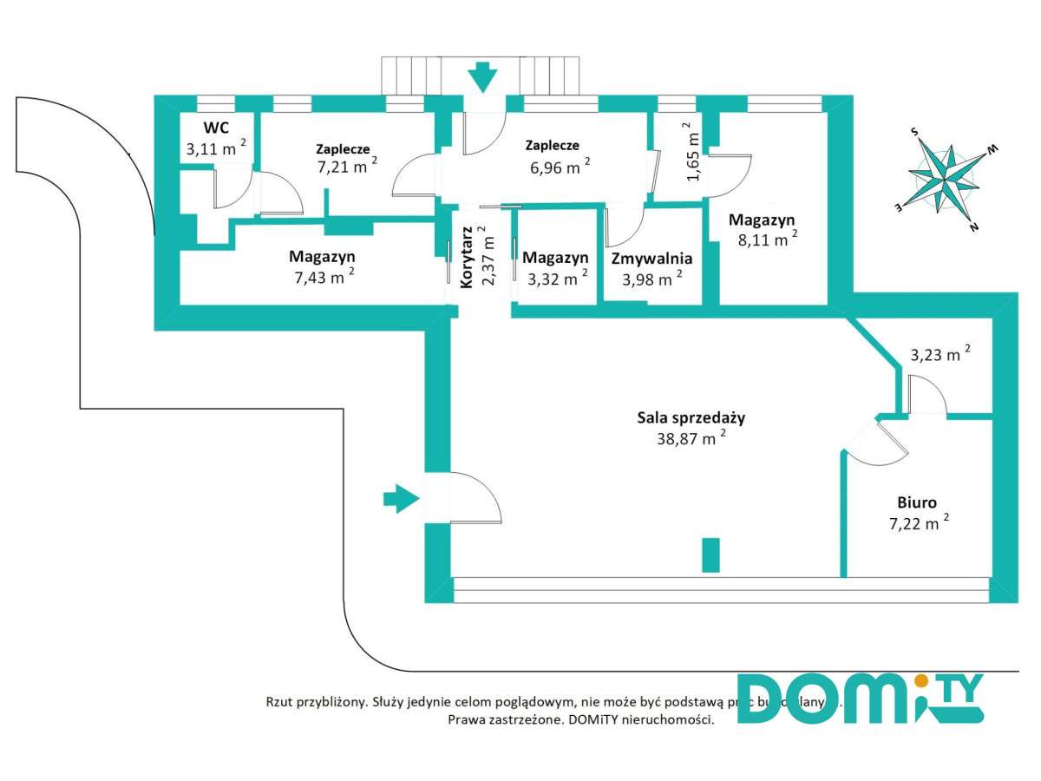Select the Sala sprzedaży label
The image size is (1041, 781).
691,417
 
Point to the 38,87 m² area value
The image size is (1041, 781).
691,438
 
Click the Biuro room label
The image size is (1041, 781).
916,502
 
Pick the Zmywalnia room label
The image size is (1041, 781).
651,259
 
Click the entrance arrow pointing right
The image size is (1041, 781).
401,498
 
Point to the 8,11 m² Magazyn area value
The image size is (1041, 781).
763,240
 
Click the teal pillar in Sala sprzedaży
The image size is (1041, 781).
710,555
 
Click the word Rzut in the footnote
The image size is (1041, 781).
280,701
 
